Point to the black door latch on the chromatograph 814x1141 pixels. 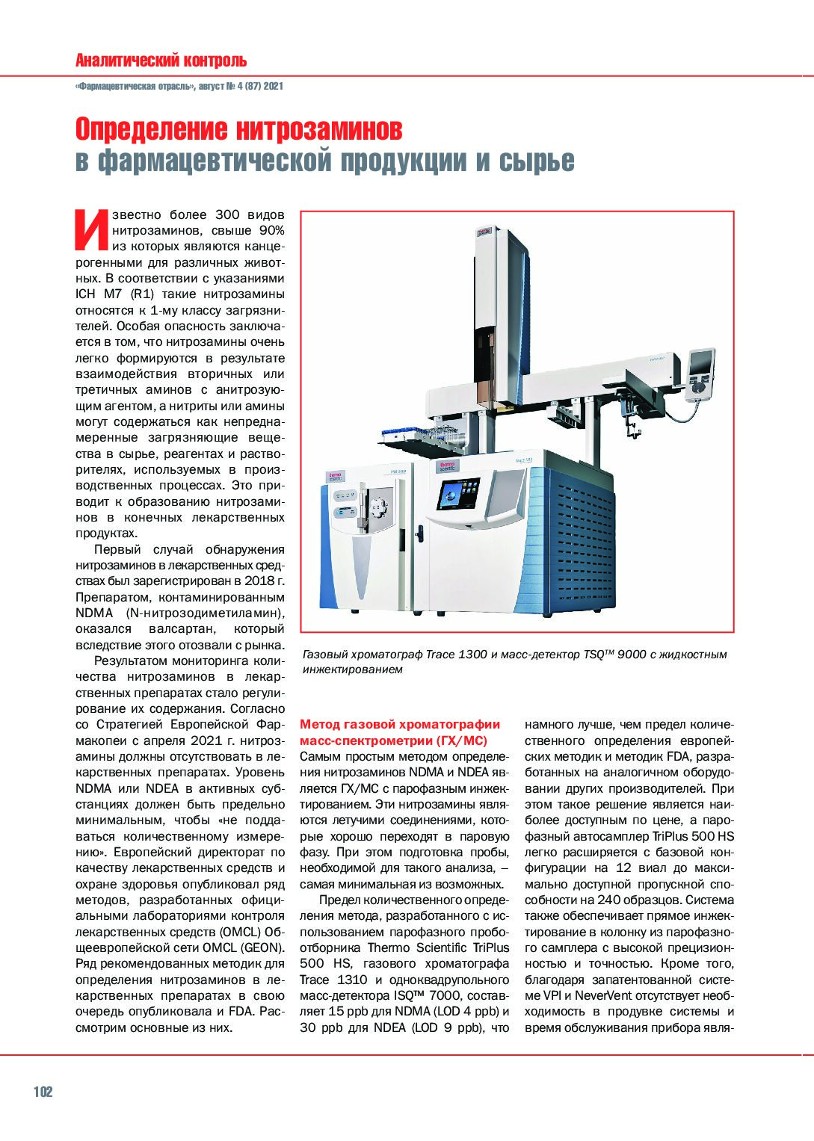coord(419,536)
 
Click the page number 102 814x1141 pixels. coord(43,1092)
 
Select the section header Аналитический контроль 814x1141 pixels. coord(161,61)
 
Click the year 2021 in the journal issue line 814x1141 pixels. coord(274,87)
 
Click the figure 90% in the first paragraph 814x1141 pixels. coord(271,230)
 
